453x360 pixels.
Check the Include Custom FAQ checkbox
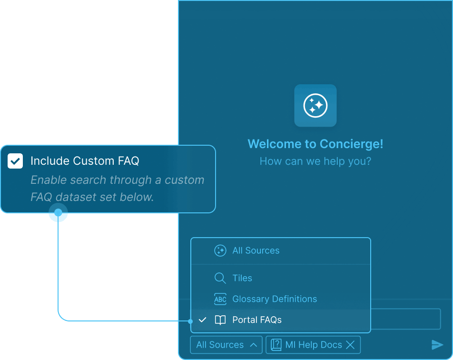click(x=15, y=161)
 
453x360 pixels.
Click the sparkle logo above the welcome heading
click(x=315, y=105)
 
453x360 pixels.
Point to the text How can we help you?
click(x=315, y=161)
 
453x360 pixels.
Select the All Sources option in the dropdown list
click(x=256, y=250)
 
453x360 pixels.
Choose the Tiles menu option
click(x=242, y=278)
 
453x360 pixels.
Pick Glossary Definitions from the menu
click(x=275, y=299)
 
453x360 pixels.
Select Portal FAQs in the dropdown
click(x=257, y=320)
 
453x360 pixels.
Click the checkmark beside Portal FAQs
click(x=203, y=320)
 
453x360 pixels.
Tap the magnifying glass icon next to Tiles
click(x=220, y=278)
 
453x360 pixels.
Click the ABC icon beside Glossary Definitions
click(x=220, y=299)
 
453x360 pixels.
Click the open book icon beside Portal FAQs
click(x=220, y=320)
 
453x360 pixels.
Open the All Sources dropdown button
click(x=226, y=345)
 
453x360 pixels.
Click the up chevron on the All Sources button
click(x=254, y=345)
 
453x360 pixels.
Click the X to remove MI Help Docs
click(x=350, y=345)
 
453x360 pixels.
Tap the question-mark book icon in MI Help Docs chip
click(x=276, y=345)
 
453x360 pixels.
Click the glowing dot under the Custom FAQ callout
click(x=58, y=212)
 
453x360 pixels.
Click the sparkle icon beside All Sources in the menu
click(x=220, y=250)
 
